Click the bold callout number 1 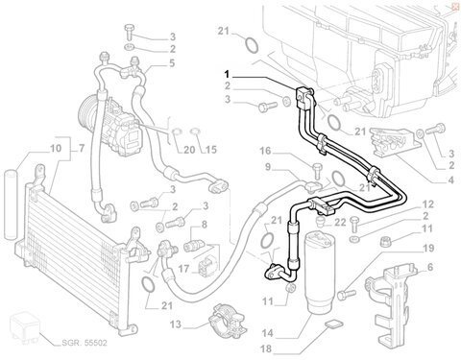click(227, 75)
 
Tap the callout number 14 click(267, 333)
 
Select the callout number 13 click(176, 325)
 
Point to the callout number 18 click(267, 348)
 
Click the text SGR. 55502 click(84, 343)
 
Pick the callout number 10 click(56, 149)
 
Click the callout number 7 click(81, 149)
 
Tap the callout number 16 click(265, 151)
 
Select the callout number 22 click(340, 222)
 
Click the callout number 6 click(430, 267)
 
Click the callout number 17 click(183, 269)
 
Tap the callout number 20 click(189, 150)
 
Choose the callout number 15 click(211, 150)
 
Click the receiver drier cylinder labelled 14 click(317, 273)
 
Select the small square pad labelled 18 click(333, 324)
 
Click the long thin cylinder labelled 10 click(11, 205)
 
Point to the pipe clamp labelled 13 click(227, 318)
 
